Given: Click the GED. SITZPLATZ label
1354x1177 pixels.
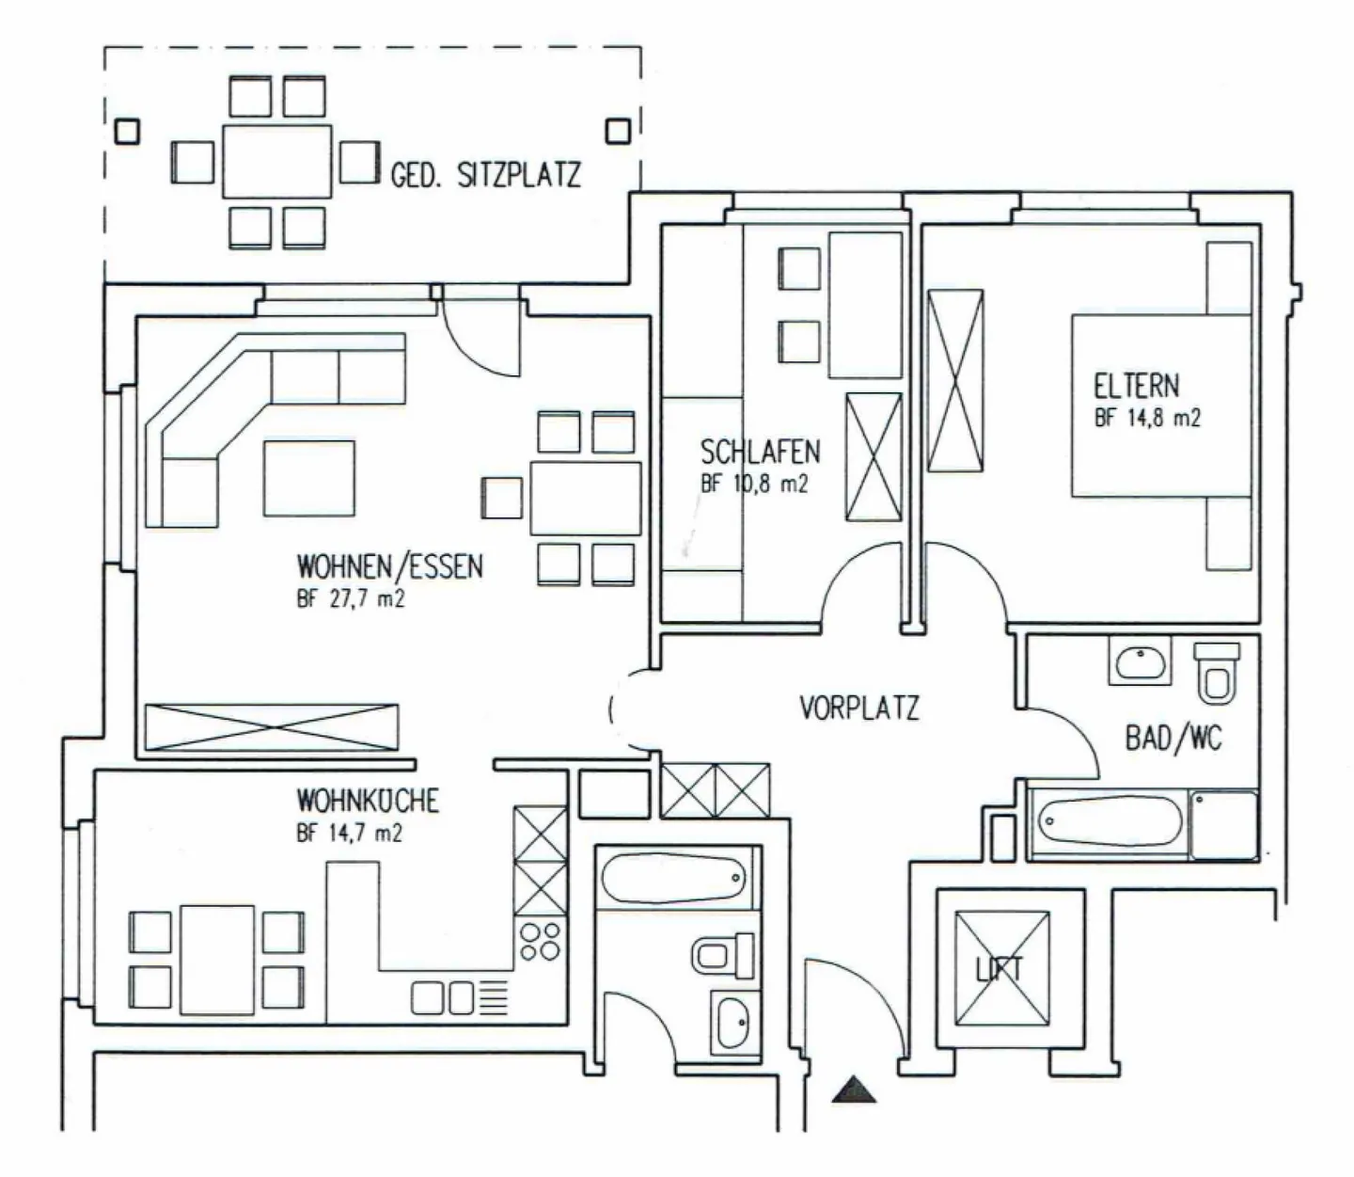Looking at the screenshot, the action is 486,175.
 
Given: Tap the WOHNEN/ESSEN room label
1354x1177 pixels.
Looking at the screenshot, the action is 390,566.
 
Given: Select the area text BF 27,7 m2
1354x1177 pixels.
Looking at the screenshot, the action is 350,599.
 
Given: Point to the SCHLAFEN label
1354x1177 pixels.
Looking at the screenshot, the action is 761,453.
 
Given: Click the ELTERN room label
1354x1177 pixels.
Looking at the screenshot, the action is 1136,386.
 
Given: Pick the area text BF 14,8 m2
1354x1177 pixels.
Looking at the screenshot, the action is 1147,419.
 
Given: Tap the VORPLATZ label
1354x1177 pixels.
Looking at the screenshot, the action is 859,708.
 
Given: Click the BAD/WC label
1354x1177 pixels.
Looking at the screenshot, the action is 1173,739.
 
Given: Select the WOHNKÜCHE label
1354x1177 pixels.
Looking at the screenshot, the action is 368,801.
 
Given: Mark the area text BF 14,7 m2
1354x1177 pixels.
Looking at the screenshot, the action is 350,833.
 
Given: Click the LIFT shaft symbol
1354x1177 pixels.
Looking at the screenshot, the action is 1002,968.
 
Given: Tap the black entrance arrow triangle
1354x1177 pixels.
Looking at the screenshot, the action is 855,1089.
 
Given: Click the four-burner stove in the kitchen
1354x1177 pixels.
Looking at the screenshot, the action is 540,942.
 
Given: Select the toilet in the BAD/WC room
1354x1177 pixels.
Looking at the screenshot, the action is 1217,672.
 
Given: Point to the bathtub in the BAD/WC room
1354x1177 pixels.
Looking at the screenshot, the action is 1109,821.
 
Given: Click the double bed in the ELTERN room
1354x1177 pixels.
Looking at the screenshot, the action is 1161,406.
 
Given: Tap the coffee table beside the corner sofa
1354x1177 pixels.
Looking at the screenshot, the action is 309,478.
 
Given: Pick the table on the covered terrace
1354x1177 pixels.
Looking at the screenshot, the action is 277,162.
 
